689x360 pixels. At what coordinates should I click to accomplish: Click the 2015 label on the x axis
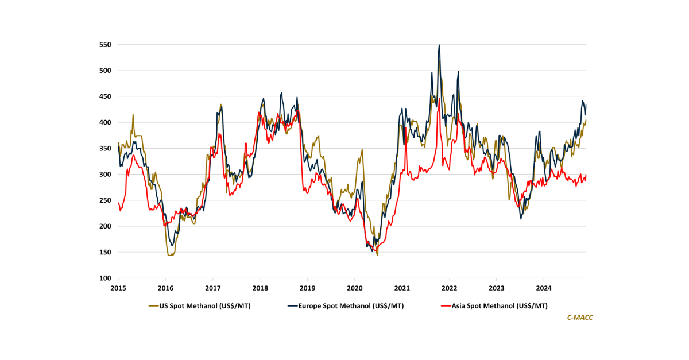pos(118,288)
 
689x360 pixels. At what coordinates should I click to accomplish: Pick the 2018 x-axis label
pos(260,288)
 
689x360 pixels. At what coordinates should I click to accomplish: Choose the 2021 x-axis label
pos(402,288)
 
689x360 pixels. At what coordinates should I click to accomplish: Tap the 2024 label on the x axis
pos(544,288)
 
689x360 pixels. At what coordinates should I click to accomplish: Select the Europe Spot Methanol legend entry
pos(351,306)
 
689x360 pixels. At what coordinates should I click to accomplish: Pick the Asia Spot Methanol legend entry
pos(498,306)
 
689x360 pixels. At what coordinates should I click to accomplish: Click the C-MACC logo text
pos(580,318)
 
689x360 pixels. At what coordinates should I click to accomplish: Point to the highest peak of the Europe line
pos(439,45)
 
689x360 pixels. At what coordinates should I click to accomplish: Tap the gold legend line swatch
pos(154,306)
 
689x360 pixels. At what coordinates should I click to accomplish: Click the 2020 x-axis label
pos(354,288)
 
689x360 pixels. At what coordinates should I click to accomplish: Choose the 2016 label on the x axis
pos(165,288)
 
